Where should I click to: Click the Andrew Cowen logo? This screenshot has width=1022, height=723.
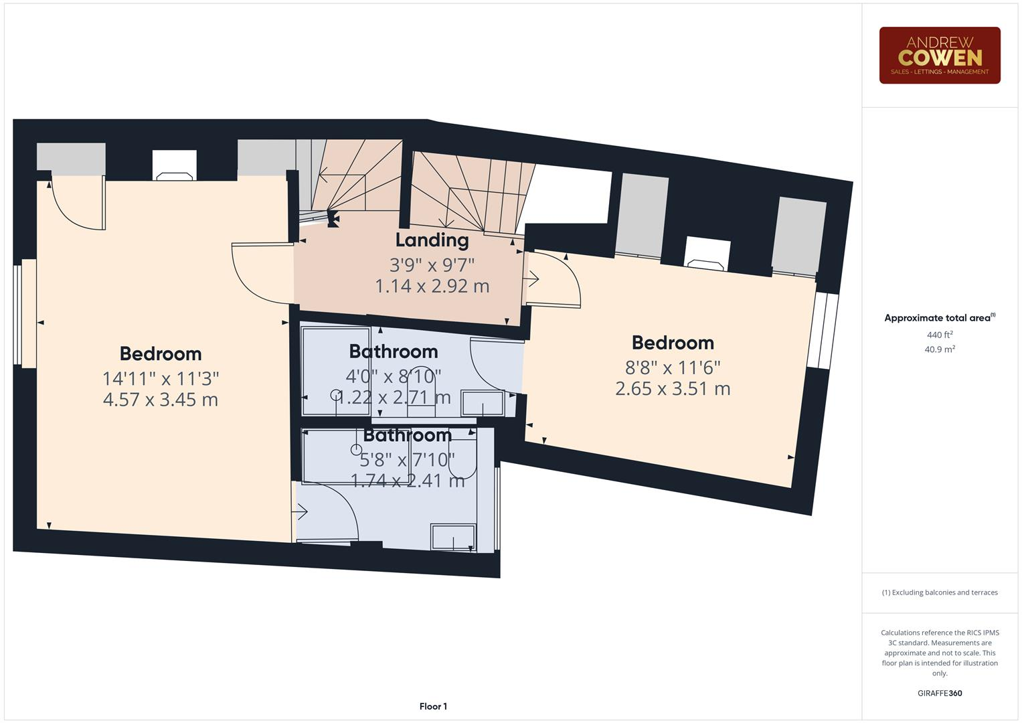[939, 56]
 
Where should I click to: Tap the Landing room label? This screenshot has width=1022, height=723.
[432, 240]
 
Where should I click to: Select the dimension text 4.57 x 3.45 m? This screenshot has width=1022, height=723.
[161, 400]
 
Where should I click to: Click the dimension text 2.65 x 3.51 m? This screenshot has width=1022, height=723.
[673, 388]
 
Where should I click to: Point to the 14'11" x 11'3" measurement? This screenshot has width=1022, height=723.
[161, 378]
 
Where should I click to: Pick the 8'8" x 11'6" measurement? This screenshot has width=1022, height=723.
[673, 367]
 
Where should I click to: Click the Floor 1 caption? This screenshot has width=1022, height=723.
[433, 706]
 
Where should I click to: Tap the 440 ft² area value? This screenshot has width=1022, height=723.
[939, 335]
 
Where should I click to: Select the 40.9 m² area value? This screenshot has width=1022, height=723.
[939, 349]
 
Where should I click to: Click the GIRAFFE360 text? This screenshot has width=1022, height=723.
[939, 693]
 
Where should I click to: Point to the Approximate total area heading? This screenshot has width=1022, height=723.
[939, 318]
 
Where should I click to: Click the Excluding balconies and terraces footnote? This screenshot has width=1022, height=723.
[939, 592]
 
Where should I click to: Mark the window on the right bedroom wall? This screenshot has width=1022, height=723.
[822, 331]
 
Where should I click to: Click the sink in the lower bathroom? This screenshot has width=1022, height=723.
[453, 537]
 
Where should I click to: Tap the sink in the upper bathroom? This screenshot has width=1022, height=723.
[483, 404]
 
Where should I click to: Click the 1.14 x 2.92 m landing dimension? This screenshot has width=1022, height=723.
[432, 286]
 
